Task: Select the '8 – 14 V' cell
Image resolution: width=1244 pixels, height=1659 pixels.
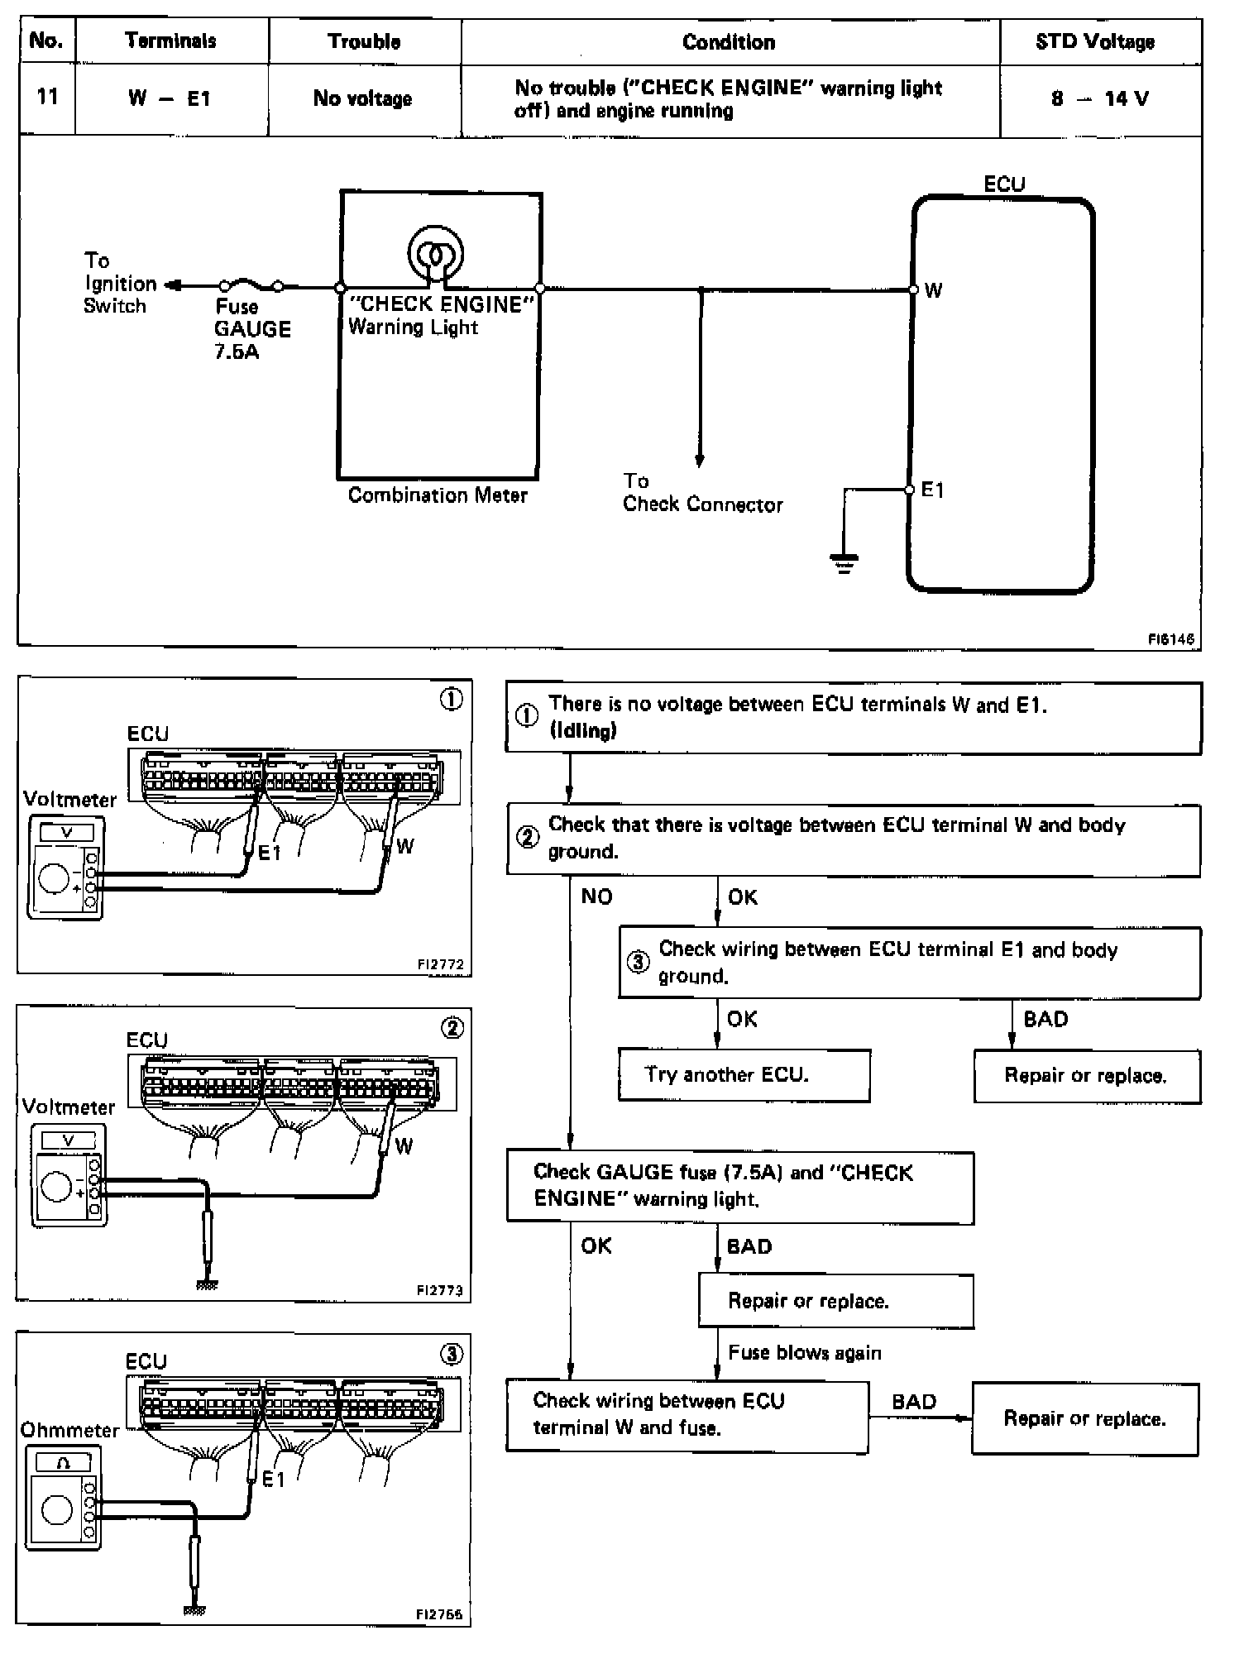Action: click(1099, 98)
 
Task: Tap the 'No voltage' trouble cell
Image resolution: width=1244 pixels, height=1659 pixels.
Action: click(362, 98)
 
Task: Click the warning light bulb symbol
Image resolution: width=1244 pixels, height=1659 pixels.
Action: click(435, 253)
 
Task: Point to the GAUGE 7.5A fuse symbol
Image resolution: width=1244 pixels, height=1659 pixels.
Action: click(251, 286)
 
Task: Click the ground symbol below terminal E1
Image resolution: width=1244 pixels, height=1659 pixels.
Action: click(844, 564)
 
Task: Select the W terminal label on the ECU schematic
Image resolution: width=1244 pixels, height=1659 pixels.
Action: click(933, 290)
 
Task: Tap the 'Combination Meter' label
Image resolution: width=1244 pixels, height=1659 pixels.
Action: click(438, 495)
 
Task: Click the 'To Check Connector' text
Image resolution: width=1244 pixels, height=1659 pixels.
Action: click(702, 493)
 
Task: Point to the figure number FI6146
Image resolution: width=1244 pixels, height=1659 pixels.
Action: click(1170, 638)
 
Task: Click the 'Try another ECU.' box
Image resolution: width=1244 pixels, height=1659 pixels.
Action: click(744, 1075)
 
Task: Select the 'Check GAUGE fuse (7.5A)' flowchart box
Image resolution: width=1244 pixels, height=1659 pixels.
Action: click(739, 1186)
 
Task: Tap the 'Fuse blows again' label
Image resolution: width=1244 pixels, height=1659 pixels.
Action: click(804, 1352)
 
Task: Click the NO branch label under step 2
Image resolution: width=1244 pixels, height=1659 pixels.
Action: click(596, 896)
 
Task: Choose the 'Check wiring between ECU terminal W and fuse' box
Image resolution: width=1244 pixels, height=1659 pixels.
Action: click(687, 1416)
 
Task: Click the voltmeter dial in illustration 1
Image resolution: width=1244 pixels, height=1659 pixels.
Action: click(55, 878)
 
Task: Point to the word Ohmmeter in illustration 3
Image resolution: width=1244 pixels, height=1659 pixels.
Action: click(69, 1430)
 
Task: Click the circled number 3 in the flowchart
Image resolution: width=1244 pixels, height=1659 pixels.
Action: click(637, 963)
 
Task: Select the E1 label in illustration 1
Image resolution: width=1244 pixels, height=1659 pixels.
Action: click(270, 853)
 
